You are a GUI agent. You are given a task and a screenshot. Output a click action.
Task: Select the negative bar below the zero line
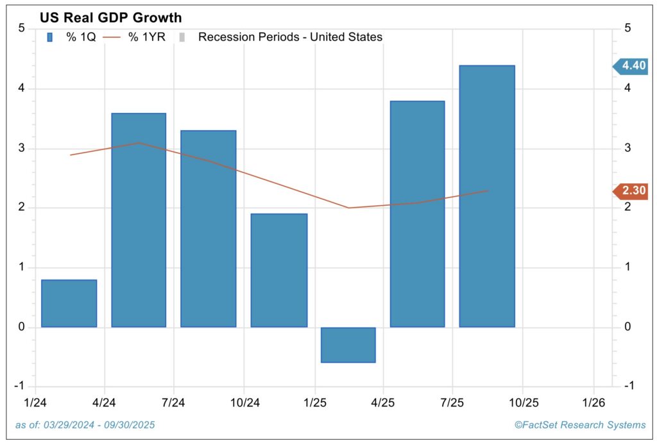pyautogui.click(x=348, y=345)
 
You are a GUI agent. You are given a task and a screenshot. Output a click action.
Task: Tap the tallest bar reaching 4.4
pyautogui.click(x=487, y=196)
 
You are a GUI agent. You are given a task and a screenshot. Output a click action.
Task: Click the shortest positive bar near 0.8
pyautogui.click(x=69, y=303)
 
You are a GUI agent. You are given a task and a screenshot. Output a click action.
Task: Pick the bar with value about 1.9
pyautogui.click(x=278, y=270)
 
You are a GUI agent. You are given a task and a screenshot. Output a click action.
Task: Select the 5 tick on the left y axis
pyautogui.click(x=22, y=29)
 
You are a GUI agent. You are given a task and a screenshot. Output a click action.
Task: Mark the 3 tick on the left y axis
pyautogui.click(x=22, y=148)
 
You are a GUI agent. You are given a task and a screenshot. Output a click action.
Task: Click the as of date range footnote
pyautogui.click(x=85, y=425)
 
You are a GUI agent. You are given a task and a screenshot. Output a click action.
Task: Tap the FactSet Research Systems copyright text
pyautogui.click(x=580, y=425)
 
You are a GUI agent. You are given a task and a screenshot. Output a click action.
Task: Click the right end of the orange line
pyautogui.click(x=488, y=190)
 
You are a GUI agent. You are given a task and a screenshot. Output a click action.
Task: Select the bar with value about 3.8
pyautogui.click(x=417, y=214)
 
